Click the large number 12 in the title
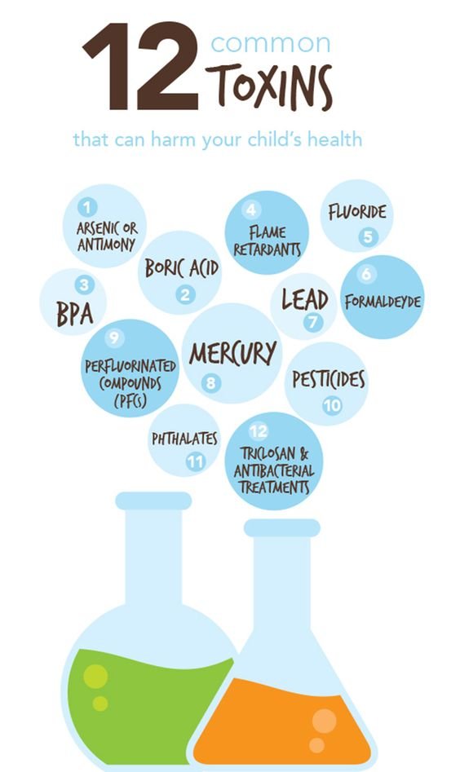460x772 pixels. pyautogui.click(x=141, y=66)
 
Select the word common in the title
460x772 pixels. pyautogui.click(x=271, y=43)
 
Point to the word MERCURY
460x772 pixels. pyautogui.click(x=232, y=353)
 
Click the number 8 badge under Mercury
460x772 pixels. pyautogui.click(x=210, y=383)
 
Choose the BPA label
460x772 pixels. pyautogui.click(x=75, y=314)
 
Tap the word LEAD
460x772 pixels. pyautogui.click(x=305, y=300)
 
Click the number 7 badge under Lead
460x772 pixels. pyautogui.click(x=312, y=322)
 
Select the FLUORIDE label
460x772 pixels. pyautogui.click(x=357, y=212)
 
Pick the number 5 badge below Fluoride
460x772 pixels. pyautogui.click(x=368, y=237)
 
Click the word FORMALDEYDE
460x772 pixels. pyautogui.click(x=383, y=302)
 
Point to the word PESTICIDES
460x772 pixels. pyautogui.click(x=329, y=380)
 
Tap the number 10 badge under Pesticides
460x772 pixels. pyautogui.click(x=333, y=406)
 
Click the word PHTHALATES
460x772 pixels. pyautogui.click(x=184, y=439)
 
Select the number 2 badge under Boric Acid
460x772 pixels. pyautogui.click(x=185, y=294)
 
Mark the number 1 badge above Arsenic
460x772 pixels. pyautogui.click(x=87, y=207)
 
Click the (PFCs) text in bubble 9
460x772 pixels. pyautogui.click(x=130, y=401)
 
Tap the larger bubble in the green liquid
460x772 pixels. pyautogui.click(x=95, y=676)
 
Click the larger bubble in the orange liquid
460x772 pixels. pyautogui.click(x=324, y=721)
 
